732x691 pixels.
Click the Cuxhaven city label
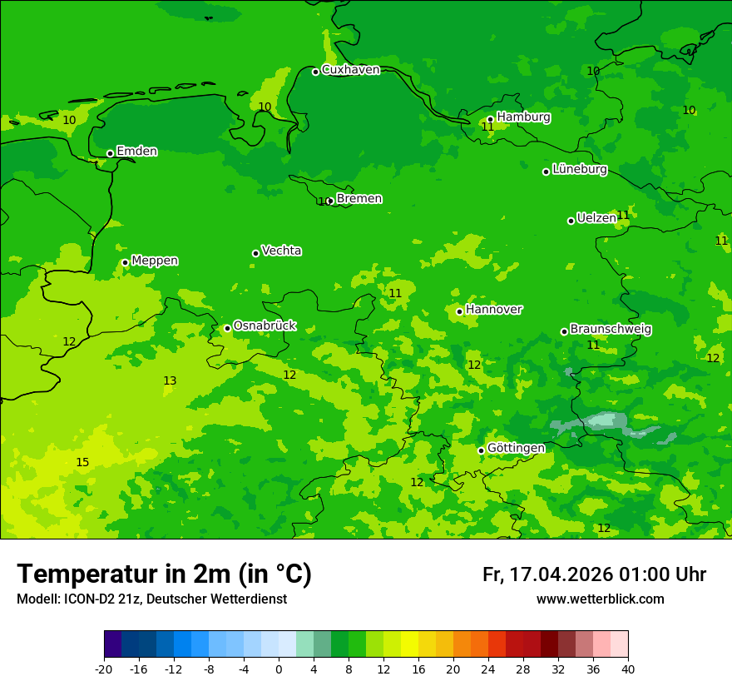pyautogui.click(x=350, y=70)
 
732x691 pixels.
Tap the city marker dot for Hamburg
pyautogui.click(x=491, y=119)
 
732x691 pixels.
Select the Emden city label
pyautogui.click(x=136, y=152)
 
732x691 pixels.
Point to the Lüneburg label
pyautogui.click(x=579, y=169)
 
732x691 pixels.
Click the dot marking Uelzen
pyautogui.click(x=571, y=221)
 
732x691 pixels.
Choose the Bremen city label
pyautogui.click(x=359, y=199)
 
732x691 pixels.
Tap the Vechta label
pyautogui.click(x=281, y=251)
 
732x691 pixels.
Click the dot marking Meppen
pyautogui.click(x=125, y=262)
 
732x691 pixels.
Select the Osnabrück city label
pyautogui.click(x=264, y=326)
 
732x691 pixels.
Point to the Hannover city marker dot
pyautogui.click(x=459, y=311)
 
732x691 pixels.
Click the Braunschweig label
pyautogui.click(x=610, y=330)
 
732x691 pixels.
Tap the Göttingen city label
pyautogui.click(x=516, y=448)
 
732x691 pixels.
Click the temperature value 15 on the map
pyautogui.click(x=82, y=462)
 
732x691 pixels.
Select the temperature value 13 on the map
pyautogui.click(x=170, y=380)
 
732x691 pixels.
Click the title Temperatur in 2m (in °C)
pyautogui.click(x=164, y=574)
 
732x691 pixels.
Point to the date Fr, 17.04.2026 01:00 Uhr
pyautogui.click(x=594, y=574)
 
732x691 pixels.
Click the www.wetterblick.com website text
pyautogui.click(x=600, y=599)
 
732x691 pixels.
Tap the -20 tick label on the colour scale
pyautogui.click(x=104, y=669)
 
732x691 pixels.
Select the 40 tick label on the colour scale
pyautogui.click(x=628, y=669)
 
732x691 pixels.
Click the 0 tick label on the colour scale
pyautogui.click(x=279, y=669)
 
